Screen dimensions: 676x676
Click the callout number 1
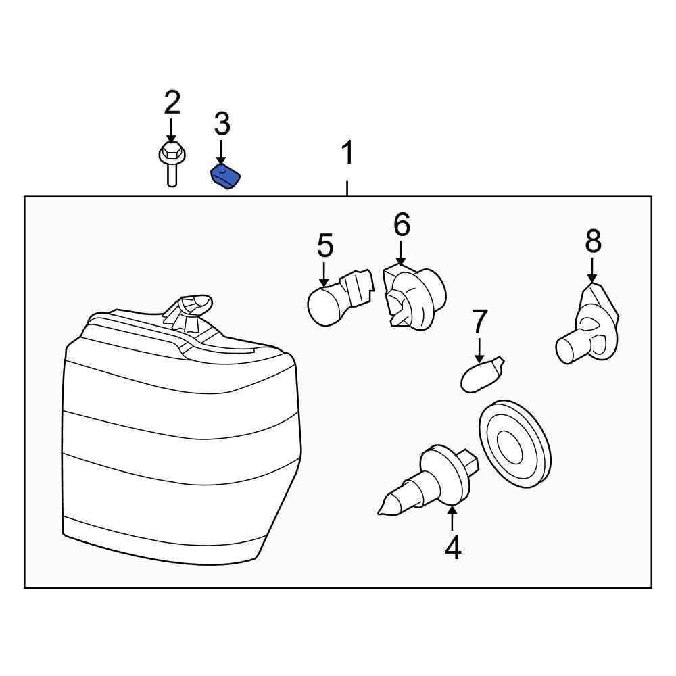(347, 153)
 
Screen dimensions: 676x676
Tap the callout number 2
(172, 103)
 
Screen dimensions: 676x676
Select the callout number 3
(222, 124)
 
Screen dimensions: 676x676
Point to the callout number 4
(452, 548)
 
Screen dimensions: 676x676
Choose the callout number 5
(325, 245)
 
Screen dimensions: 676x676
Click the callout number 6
(402, 224)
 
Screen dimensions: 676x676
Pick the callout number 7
(479, 321)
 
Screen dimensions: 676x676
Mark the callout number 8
(593, 241)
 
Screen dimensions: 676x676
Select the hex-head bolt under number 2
(172, 162)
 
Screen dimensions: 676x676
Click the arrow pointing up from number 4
(452, 518)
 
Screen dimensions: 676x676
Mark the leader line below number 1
(347, 188)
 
